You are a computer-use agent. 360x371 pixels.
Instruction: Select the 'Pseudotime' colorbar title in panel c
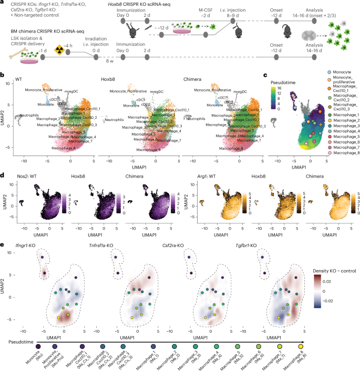[284, 83]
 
